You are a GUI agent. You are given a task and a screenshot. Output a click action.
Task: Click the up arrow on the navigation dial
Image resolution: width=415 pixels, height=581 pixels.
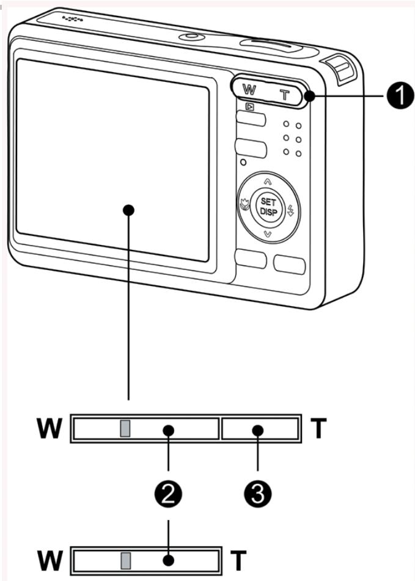pos(266,181)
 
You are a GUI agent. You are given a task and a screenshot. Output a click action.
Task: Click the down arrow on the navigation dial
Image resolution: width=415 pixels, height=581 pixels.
pos(266,234)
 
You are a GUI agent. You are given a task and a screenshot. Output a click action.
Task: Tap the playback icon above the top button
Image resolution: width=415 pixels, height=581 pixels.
pos(249,106)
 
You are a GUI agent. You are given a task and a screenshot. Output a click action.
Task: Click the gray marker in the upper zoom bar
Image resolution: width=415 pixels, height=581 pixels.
pos(125,429)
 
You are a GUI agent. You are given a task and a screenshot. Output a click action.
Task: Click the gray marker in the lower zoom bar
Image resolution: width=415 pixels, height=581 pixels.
pos(125,560)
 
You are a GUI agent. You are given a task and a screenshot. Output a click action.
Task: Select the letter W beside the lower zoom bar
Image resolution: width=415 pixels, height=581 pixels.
pos(50,560)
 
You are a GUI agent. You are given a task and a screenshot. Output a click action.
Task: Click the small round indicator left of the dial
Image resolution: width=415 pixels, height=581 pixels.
pos(243,162)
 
